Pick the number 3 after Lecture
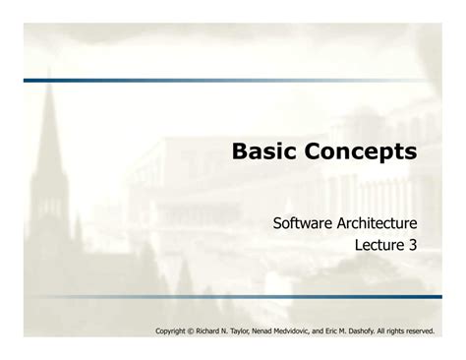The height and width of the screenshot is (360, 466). click(411, 246)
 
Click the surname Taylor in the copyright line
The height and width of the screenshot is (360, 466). click(254, 331)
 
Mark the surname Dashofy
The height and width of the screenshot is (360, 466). click(391, 331)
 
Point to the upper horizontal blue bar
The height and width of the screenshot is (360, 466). click(232, 80)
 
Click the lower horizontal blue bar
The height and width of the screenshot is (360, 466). click(232, 296)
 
